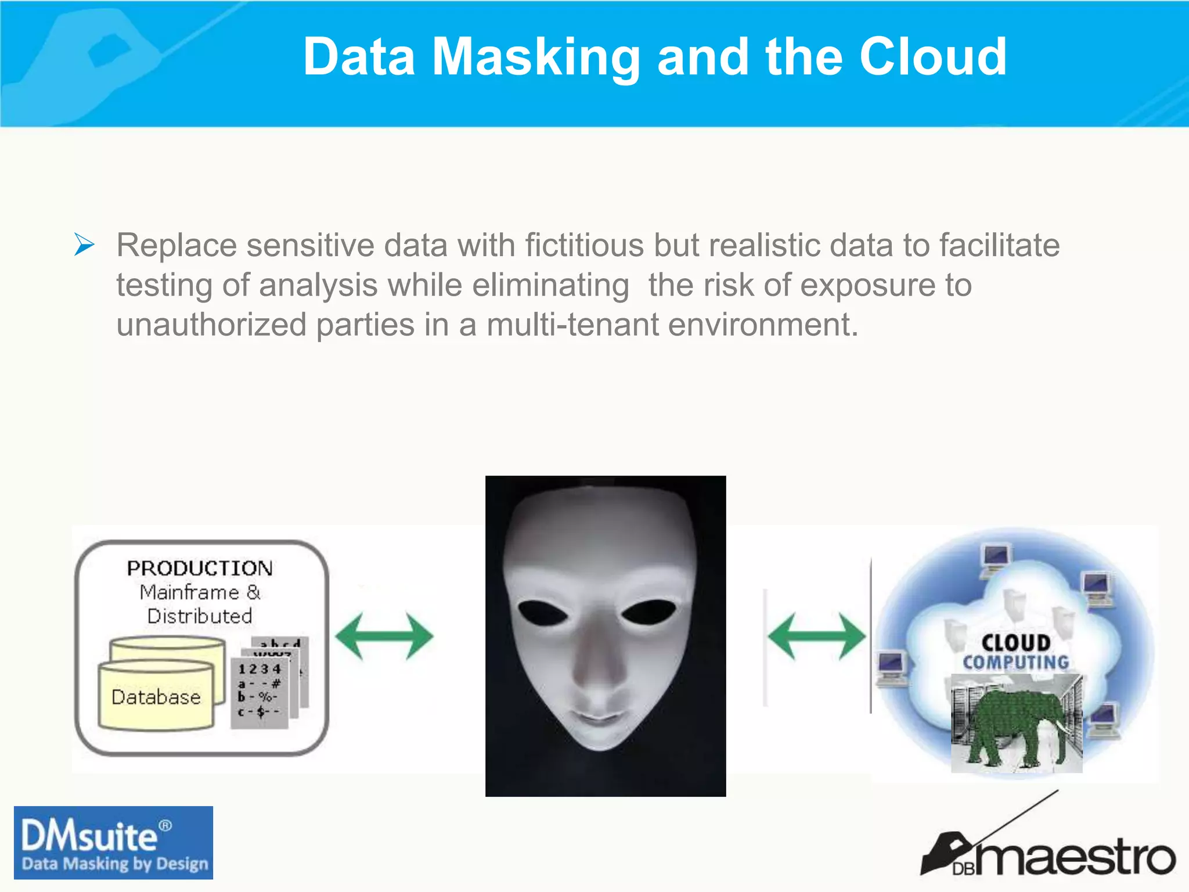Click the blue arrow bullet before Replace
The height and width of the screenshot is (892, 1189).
pyautogui.click(x=84, y=244)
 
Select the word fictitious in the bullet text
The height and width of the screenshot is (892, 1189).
pyautogui.click(x=584, y=245)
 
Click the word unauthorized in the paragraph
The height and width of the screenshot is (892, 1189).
pyautogui.click(x=211, y=324)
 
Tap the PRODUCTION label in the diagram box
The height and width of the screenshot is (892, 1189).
pyautogui.click(x=200, y=568)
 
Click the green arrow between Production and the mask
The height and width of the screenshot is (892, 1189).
pyautogui.click(x=384, y=636)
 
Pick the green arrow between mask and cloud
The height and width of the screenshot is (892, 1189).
pyautogui.click(x=816, y=636)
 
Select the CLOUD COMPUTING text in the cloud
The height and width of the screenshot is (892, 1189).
pyautogui.click(x=1016, y=652)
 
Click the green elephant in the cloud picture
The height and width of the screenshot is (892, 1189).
pyautogui.click(x=1016, y=726)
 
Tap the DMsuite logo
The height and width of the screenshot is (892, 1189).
pyautogui.click(x=113, y=843)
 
